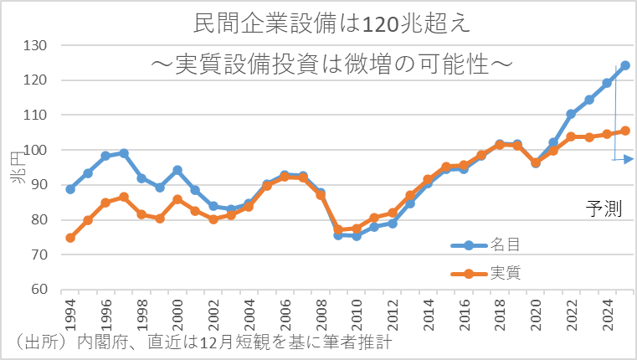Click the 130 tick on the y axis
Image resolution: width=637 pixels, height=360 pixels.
tap(37, 45)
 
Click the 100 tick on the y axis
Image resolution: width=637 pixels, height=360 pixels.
tap(37, 150)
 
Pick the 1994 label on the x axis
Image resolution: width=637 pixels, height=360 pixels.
tap(70, 311)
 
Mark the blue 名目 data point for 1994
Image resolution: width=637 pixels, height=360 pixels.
tap(70, 189)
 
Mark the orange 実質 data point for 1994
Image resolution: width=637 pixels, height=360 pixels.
tap(70, 238)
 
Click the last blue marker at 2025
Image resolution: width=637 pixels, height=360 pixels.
tap(625, 65)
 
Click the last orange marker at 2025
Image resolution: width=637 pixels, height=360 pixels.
tap(625, 131)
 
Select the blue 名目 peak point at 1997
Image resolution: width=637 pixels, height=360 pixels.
tap(124, 153)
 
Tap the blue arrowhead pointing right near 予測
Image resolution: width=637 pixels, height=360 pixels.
tap(629, 159)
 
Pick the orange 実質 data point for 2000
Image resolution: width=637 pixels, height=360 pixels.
tap(177, 199)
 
